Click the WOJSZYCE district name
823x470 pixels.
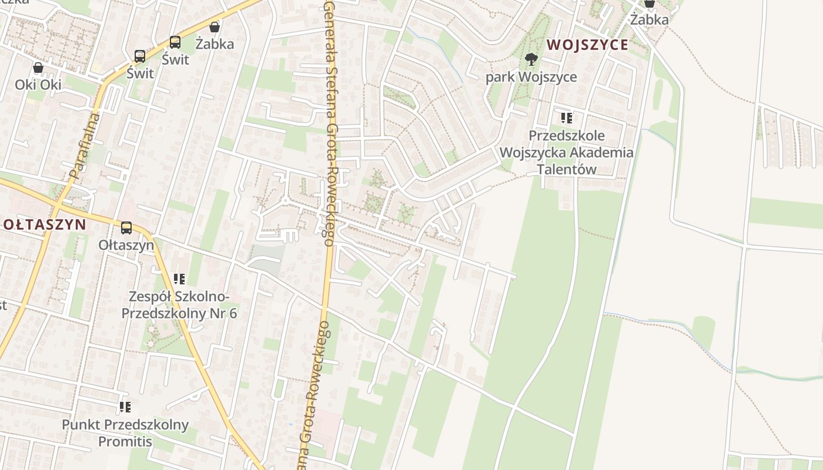click(x=587, y=45)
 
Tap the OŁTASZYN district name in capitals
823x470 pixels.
click(x=45, y=224)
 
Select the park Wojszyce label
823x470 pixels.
click(x=531, y=77)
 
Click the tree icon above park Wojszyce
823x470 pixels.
click(x=531, y=59)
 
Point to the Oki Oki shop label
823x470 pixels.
click(x=38, y=85)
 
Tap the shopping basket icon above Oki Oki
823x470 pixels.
click(x=38, y=68)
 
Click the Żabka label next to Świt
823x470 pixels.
click(x=215, y=44)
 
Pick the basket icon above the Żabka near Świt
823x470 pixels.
click(x=215, y=27)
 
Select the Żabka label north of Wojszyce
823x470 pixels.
click(x=650, y=19)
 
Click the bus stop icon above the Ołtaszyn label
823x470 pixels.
click(x=126, y=228)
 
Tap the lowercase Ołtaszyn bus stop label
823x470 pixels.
click(x=126, y=245)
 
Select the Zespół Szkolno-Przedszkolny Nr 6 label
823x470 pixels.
click(x=179, y=305)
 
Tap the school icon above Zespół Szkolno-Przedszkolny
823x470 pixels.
click(x=179, y=278)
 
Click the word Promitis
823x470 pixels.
click(x=125, y=441)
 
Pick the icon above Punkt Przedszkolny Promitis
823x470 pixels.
click(x=125, y=407)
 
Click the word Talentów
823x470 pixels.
click(x=566, y=170)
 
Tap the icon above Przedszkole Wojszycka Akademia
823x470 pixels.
click(x=566, y=118)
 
